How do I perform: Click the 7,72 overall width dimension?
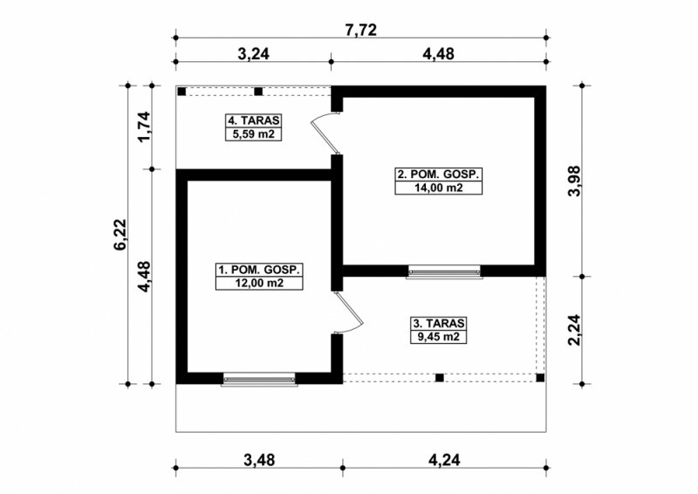pyautogui.click(x=360, y=30)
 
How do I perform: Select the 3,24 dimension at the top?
pyautogui.click(x=253, y=54)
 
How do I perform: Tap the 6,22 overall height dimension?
pyautogui.click(x=120, y=235)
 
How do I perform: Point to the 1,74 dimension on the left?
pyautogui.click(x=144, y=127)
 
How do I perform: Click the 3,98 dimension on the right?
pyautogui.click(x=574, y=181)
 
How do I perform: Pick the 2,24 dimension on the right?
pyautogui.click(x=574, y=330)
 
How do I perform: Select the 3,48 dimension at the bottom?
pyautogui.click(x=259, y=460)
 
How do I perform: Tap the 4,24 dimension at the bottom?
pyautogui.click(x=444, y=460)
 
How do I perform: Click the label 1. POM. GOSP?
pyautogui.click(x=259, y=270)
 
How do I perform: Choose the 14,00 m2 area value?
pyautogui.click(x=439, y=188)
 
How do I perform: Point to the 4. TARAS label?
pyautogui.click(x=254, y=120)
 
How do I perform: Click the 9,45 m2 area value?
pyautogui.click(x=439, y=337)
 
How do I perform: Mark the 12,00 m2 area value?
pyautogui.click(x=259, y=283)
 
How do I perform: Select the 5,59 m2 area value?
pyautogui.click(x=254, y=134)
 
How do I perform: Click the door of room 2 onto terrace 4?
pyautogui.click(x=324, y=134)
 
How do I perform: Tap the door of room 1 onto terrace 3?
pyautogui.click(x=351, y=312)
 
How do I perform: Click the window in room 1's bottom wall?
pyautogui.click(x=259, y=379)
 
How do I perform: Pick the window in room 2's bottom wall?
pyautogui.click(x=444, y=271)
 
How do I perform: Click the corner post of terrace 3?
pyautogui.click(x=540, y=378)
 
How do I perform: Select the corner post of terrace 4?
pyautogui.click(x=181, y=92)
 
